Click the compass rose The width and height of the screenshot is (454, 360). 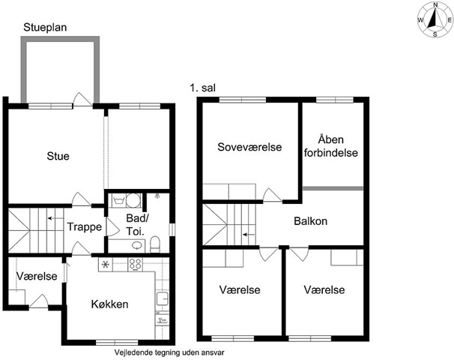click(435, 20)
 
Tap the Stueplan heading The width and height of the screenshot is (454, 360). click(45, 27)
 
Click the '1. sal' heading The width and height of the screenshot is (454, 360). click(203, 88)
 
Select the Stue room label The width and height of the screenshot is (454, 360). click(58, 156)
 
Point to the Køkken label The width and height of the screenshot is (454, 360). click(109, 304)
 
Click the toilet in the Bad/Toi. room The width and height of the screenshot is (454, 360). click(155, 244)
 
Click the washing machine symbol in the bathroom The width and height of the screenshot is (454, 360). click(118, 200)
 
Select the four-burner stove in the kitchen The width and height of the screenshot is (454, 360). click(135, 264)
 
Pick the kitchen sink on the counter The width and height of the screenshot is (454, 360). click(163, 298)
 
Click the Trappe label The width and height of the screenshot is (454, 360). click(85, 226)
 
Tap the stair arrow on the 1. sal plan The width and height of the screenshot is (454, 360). click(249, 235)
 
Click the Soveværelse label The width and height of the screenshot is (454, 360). click(249, 147)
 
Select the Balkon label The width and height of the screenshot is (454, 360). click(311, 221)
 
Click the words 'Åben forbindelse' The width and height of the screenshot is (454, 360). click(331, 146)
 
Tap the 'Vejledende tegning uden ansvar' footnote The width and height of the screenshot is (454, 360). click(169, 352)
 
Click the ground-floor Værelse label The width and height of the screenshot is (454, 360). click(37, 276)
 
